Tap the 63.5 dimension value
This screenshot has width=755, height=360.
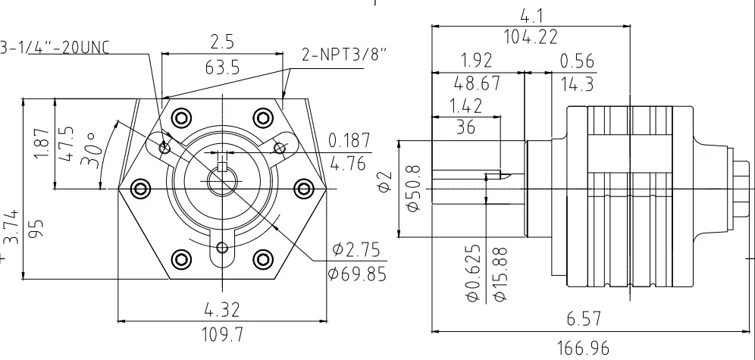(x=222, y=68)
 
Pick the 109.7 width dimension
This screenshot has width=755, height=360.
(x=221, y=333)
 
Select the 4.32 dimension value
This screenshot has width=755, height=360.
(x=221, y=310)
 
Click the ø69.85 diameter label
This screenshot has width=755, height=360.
(x=356, y=273)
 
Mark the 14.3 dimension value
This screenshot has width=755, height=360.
(x=576, y=84)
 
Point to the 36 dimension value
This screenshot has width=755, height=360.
(x=466, y=128)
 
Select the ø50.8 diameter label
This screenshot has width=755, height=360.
(x=413, y=189)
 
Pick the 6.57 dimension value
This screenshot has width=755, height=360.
(x=583, y=319)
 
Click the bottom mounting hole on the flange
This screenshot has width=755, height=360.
(x=221, y=247)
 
